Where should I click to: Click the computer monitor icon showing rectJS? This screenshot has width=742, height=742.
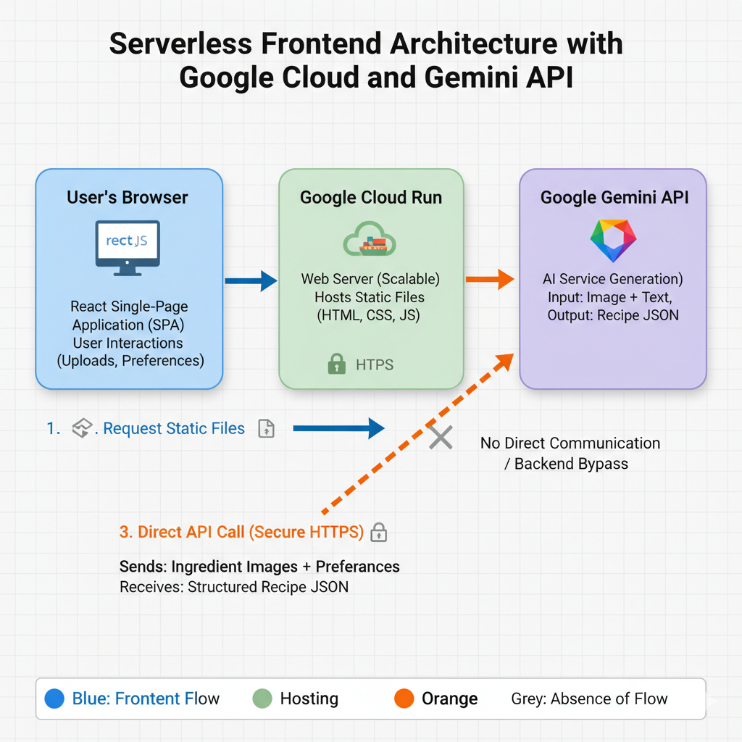(128, 248)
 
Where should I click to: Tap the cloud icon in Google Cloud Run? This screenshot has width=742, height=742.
(370, 239)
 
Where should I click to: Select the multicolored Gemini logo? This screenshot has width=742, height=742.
(613, 241)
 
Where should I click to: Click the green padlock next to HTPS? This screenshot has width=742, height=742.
(336, 364)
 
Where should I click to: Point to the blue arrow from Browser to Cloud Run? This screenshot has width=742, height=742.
(251, 280)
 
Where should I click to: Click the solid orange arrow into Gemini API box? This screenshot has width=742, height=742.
(490, 279)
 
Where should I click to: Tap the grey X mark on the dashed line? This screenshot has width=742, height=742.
(441, 437)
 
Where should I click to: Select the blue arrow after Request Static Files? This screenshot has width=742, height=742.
(339, 429)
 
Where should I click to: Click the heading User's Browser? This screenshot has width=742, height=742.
(128, 197)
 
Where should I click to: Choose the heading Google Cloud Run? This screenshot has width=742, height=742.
(371, 197)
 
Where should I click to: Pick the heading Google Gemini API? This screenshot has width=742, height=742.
(614, 197)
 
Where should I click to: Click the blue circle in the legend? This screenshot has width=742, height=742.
(54, 699)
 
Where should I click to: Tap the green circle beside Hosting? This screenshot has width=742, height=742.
(262, 699)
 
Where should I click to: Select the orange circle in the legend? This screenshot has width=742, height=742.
(404, 699)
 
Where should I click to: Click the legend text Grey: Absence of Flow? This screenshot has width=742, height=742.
(589, 699)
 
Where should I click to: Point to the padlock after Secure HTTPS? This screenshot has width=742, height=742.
(378, 532)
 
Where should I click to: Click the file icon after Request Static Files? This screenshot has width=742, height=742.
(267, 429)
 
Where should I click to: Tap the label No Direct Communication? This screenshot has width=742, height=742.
(570, 443)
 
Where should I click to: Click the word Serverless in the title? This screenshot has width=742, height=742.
(180, 43)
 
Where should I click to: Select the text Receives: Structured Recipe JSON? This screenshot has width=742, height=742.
(234, 587)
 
